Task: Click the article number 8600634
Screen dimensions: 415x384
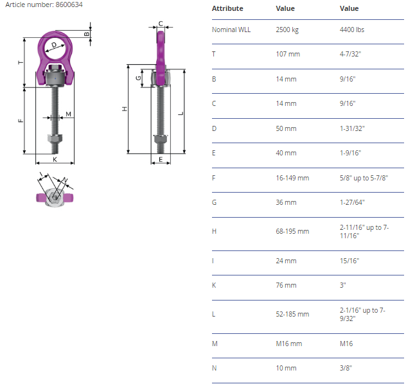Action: pos(69,4)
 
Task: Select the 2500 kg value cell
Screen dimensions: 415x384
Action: pos(287,30)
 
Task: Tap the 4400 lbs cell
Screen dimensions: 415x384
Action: pos(352,30)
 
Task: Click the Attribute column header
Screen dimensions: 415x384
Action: pos(227,8)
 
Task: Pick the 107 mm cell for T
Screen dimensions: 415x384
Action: pos(288,54)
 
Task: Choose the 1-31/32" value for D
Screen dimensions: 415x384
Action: pos(352,128)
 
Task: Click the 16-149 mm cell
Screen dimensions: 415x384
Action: pos(292,178)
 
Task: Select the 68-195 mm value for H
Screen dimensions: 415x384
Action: pos(292,231)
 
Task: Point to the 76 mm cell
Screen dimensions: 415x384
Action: pos(286,285)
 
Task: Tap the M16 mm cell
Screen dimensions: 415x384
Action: pos(288,344)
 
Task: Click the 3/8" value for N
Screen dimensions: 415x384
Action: pos(346,368)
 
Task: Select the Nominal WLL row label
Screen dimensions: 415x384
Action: pos(231,30)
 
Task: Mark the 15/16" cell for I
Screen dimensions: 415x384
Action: pos(349,261)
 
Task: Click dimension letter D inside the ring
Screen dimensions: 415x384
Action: pos(54,45)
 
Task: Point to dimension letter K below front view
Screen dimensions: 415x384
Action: pos(55,160)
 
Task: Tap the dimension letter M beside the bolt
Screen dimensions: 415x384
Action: pos(68,114)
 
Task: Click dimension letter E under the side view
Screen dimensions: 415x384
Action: pos(161,160)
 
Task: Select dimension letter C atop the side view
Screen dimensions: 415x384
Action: pos(161,24)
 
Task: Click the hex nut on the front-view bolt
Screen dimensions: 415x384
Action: pos(55,139)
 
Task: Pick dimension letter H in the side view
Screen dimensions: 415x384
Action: pos(125,109)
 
